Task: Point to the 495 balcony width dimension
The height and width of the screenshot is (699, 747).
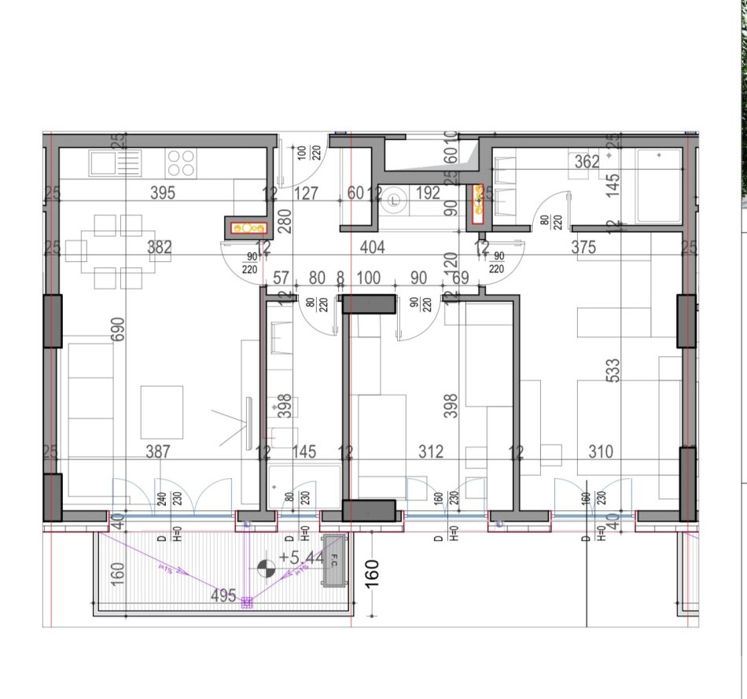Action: click(x=224, y=596)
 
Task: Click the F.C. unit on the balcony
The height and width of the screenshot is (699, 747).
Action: click(x=333, y=561)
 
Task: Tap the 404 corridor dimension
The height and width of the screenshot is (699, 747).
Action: click(x=372, y=248)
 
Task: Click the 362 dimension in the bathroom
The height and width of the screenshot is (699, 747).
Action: click(x=587, y=162)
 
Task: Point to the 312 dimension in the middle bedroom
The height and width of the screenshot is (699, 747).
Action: click(x=431, y=451)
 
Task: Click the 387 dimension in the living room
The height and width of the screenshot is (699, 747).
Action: click(x=160, y=451)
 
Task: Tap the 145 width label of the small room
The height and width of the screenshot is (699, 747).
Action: click(x=304, y=451)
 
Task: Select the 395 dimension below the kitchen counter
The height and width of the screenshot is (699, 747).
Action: click(x=162, y=193)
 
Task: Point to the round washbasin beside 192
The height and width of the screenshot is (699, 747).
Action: click(x=396, y=201)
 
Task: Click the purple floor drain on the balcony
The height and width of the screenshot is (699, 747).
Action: click(x=246, y=602)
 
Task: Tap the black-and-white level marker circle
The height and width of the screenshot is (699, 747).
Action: click(x=267, y=565)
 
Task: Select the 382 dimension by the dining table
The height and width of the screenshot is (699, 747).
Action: click(x=160, y=248)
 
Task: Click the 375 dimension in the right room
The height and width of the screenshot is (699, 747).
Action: click(x=605, y=248)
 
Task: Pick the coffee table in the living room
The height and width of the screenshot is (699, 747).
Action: click(x=162, y=411)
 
